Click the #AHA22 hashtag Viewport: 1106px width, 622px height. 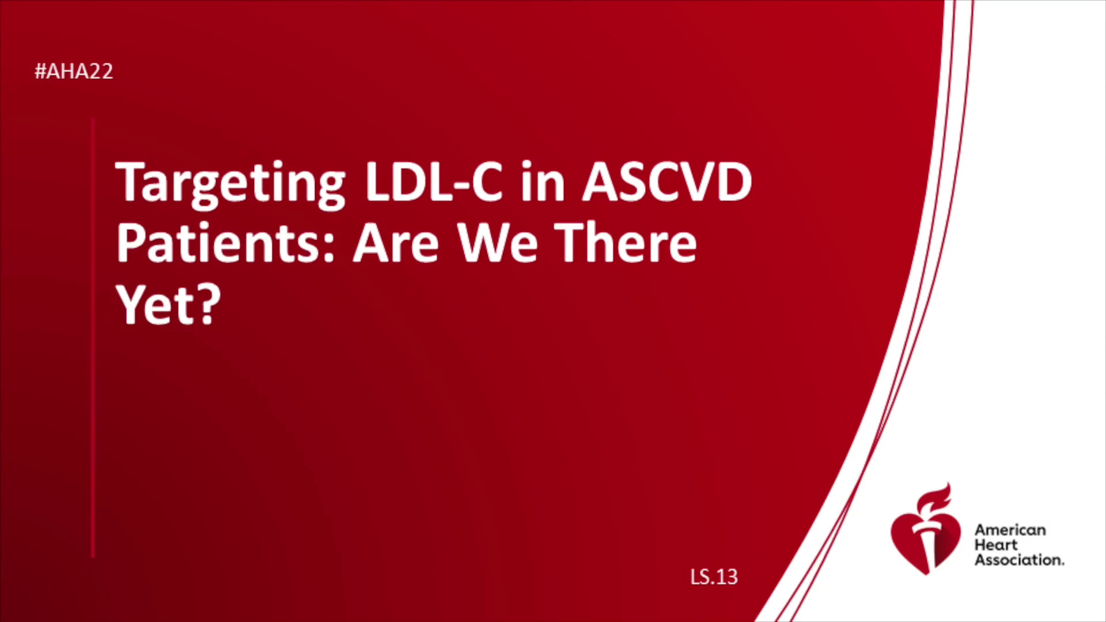[x=74, y=71]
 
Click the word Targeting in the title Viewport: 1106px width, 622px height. [x=230, y=183]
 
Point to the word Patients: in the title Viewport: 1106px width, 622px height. [x=226, y=243]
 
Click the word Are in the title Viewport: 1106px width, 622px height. [x=396, y=243]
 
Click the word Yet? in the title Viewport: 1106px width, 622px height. [x=168, y=305]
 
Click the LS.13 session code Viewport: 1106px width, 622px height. [x=714, y=577]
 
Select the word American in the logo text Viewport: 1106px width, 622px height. [x=1010, y=530]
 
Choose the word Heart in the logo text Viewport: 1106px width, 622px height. [x=996, y=545]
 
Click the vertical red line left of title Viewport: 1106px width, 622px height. [x=93, y=338]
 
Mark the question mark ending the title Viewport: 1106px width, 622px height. [x=209, y=304]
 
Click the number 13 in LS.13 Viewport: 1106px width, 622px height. [x=728, y=577]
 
